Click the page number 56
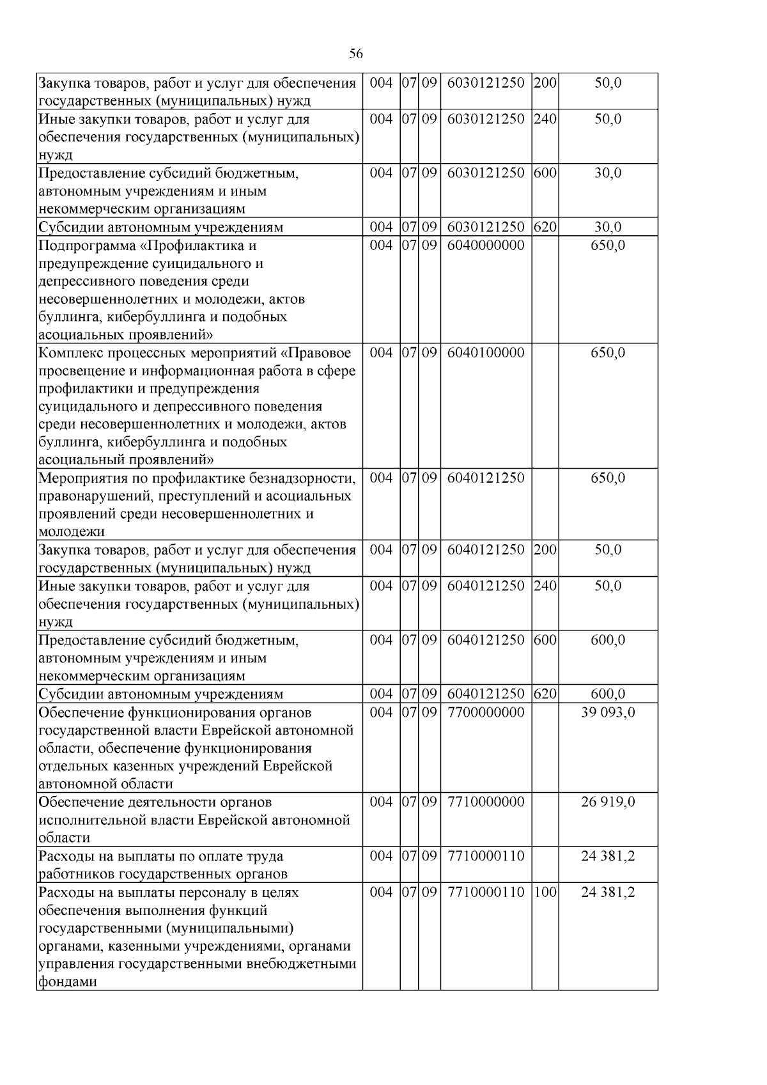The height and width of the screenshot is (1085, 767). pyautogui.click(x=356, y=54)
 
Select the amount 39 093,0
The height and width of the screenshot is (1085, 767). pyautogui.click(x=608, y=712)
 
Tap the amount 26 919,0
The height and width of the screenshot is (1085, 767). pyautogui.click(x=608, y=802)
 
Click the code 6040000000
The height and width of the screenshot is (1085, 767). pyautogui.click(x=486, y=246)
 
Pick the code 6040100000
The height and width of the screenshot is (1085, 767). pyautogui.click(x=486, y=353)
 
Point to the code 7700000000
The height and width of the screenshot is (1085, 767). pyautogui.click(x=486, y=712)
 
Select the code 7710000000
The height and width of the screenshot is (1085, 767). pyautogui.click(x=486, y=802)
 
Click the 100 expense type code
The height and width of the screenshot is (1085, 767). pyautogui.click(x=545, y=892)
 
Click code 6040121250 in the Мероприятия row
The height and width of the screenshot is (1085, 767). pyautogui.click(x=486, y=478)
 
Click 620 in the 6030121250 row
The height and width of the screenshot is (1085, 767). pyautogui.click(x=545, y=227)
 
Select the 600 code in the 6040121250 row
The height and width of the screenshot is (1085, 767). pyautogui.click(x=545, y=640)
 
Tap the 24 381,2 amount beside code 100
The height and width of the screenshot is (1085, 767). pyautogui.click(x=608, y=892)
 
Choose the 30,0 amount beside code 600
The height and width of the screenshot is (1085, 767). pyautogui.click(x=608, y=173)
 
